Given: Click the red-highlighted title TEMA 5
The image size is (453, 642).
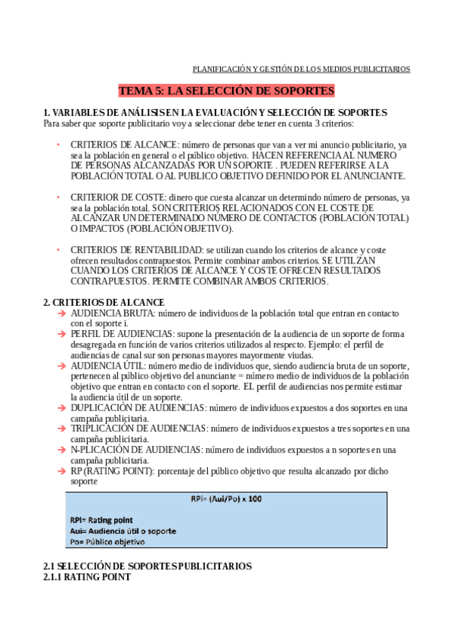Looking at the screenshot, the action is [226, 91].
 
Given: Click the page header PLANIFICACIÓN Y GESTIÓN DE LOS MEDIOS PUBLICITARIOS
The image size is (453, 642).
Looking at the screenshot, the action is [302, 68].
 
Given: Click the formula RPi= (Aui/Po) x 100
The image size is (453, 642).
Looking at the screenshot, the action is [227, 500].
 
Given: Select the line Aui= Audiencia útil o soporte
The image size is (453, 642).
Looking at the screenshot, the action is [123, 531].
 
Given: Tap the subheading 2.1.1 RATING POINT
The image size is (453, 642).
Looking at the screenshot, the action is [87, 577].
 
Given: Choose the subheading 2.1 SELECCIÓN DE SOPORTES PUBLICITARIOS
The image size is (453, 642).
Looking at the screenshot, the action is [147, 566].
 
